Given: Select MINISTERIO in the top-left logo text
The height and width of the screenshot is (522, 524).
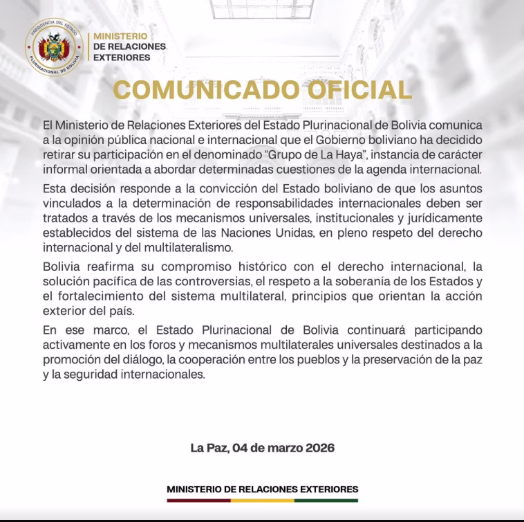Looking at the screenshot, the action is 120,35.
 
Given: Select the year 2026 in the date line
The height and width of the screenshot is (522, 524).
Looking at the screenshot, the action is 320,448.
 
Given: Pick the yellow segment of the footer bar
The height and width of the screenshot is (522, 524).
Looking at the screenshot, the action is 262,500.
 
